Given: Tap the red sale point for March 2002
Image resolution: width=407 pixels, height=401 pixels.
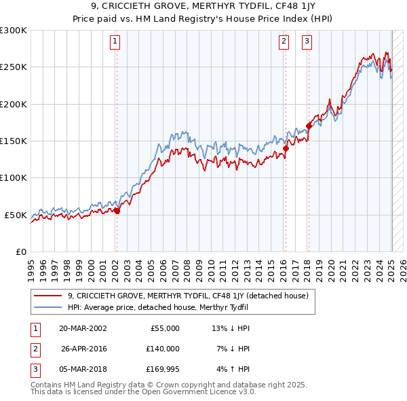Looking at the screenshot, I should [117, 211].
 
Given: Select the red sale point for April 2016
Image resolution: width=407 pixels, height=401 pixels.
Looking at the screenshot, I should [286, 148].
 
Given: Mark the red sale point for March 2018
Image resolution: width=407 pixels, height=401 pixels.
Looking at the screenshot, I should [309, 126].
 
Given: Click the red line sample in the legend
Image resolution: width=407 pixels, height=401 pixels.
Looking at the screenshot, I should [47, 296].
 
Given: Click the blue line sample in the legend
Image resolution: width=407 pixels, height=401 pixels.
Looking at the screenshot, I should [47, 307].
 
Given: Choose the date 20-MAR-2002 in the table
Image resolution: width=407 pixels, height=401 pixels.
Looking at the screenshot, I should [83, 328].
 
